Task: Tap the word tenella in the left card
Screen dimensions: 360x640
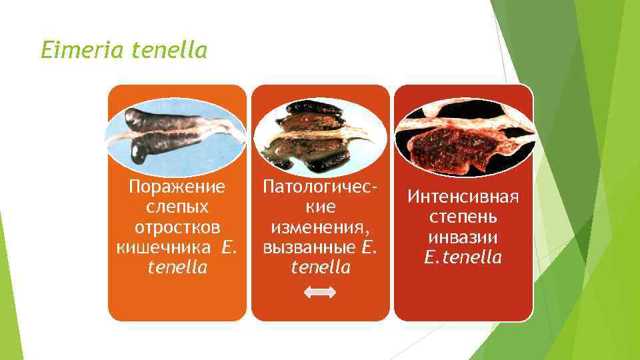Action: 177,268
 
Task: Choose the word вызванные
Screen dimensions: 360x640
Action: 311,247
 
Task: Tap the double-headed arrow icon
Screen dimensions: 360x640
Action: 320,291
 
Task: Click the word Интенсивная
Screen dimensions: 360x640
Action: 463,197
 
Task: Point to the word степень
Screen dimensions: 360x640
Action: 463,217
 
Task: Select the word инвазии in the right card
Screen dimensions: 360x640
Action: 463,237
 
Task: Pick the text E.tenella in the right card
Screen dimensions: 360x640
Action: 463,258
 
